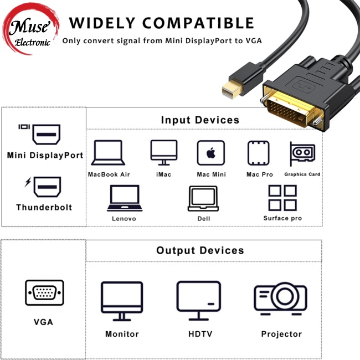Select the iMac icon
pyautogui.click(x=164, y=152)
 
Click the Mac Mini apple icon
pyautogui.click(x=210, y=153)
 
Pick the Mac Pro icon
pyautogui.click(x=260, y=153)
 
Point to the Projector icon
pyautogui.click(x=281, y=299)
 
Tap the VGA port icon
pyautogui.click(x=44, y=292)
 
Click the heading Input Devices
pyautogui.click(x=200, y=120)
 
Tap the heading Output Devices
pyautogui.click(x=200, y=250)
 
